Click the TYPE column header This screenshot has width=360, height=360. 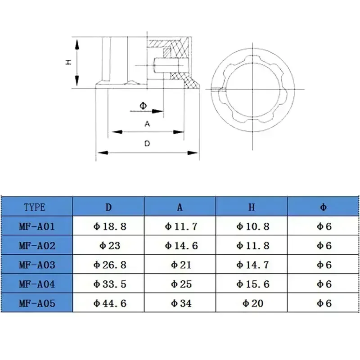[x=35, y=207]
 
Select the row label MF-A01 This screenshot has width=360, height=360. [x=37, y=226]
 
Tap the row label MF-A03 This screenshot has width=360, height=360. [x=37, y=265]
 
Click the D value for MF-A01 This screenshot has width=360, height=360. [x=110, y=226]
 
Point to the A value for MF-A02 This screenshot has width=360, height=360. [x=181, y=246]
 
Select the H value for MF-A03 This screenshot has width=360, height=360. [x=253, y=265]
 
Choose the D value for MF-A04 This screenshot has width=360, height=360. [x=110, y=284]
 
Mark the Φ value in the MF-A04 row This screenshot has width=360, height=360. [x=324, y=284]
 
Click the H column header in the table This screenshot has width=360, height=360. [x=252, y=207]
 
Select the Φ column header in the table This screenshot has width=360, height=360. [x=324, y=207]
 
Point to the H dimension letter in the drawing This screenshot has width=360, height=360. [x=68, y=63]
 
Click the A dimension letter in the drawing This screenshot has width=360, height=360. [x=147, y=124]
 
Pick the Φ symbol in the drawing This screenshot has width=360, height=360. [x=143, y=106]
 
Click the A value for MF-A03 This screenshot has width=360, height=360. [x=181, y=265]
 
